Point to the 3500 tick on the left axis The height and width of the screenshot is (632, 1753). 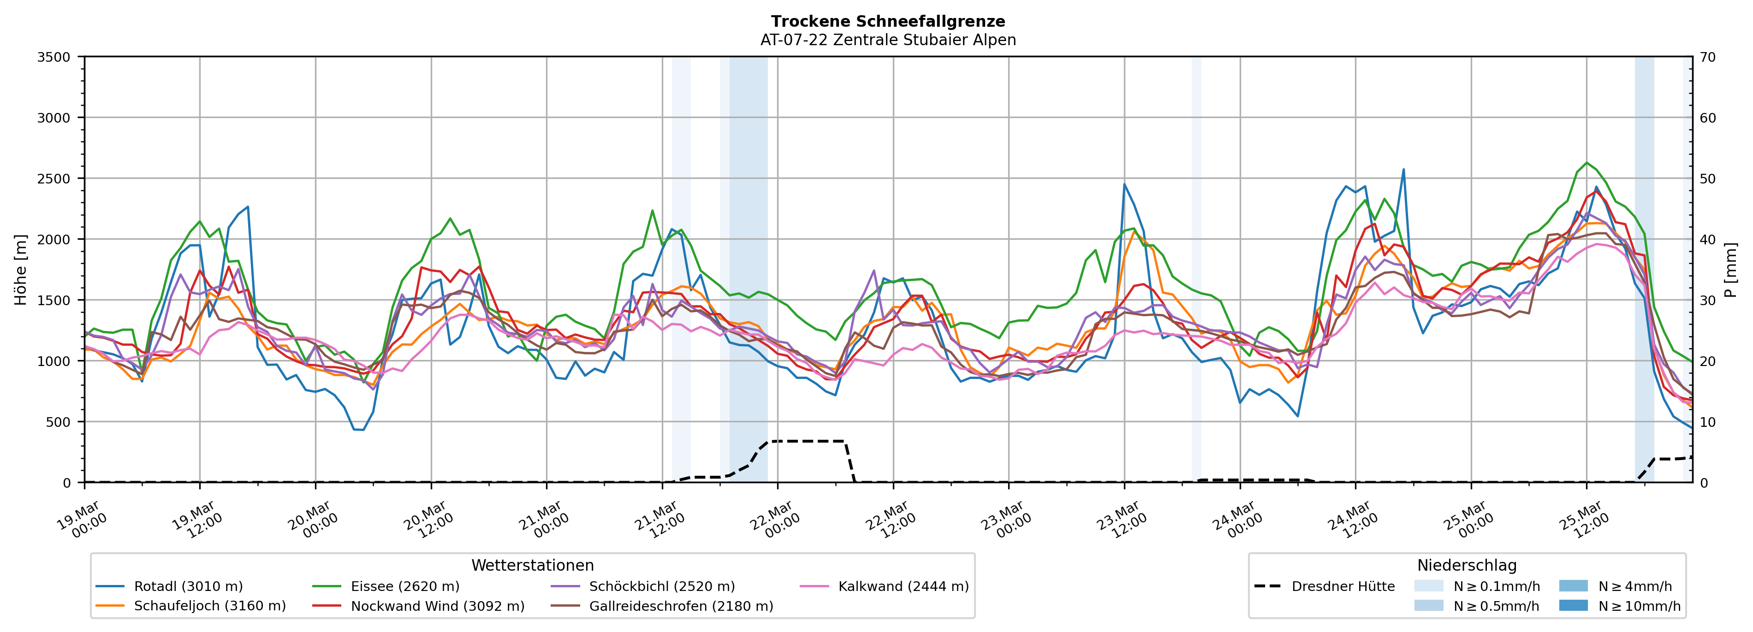coord(54,57)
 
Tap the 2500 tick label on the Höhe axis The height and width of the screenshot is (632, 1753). coord(54,179)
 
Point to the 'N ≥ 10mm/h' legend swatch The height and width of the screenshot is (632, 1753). coord(1573,605)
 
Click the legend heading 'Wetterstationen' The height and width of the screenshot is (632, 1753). coord(532,565)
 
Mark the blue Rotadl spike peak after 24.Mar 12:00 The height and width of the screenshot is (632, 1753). coord(1403,170)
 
